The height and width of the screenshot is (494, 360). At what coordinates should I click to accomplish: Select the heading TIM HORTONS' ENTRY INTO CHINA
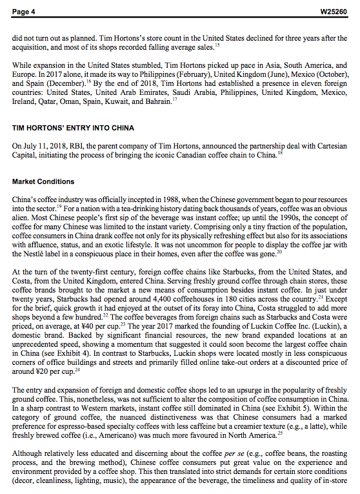click(x=74, y=128)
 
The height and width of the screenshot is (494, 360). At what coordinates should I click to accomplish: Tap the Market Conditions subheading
click(x=43, y=181)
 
